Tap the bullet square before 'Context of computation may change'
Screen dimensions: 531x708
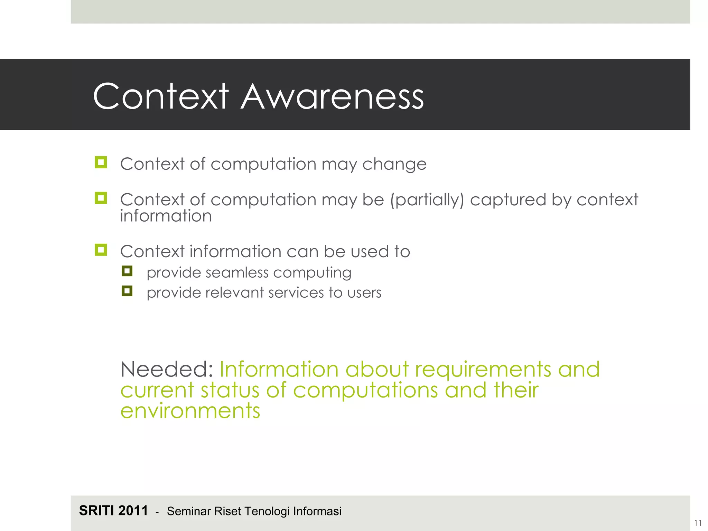(x=101, y=162)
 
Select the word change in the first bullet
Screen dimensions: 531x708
(x=394, y=165)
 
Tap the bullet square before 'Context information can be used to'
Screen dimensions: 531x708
(x=101, y=249)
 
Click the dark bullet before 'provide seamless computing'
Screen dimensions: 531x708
(x=127, y=271)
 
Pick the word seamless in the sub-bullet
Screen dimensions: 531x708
(x=237, y=273)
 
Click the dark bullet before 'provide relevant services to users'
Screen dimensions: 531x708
(x=127, y=291)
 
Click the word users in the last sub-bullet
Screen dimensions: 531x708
(x=364, y=293)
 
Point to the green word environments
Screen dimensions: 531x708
(x=190, y=411)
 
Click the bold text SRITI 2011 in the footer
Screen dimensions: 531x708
(x=113, y=511)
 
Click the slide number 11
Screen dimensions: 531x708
(x=698, y=523)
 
